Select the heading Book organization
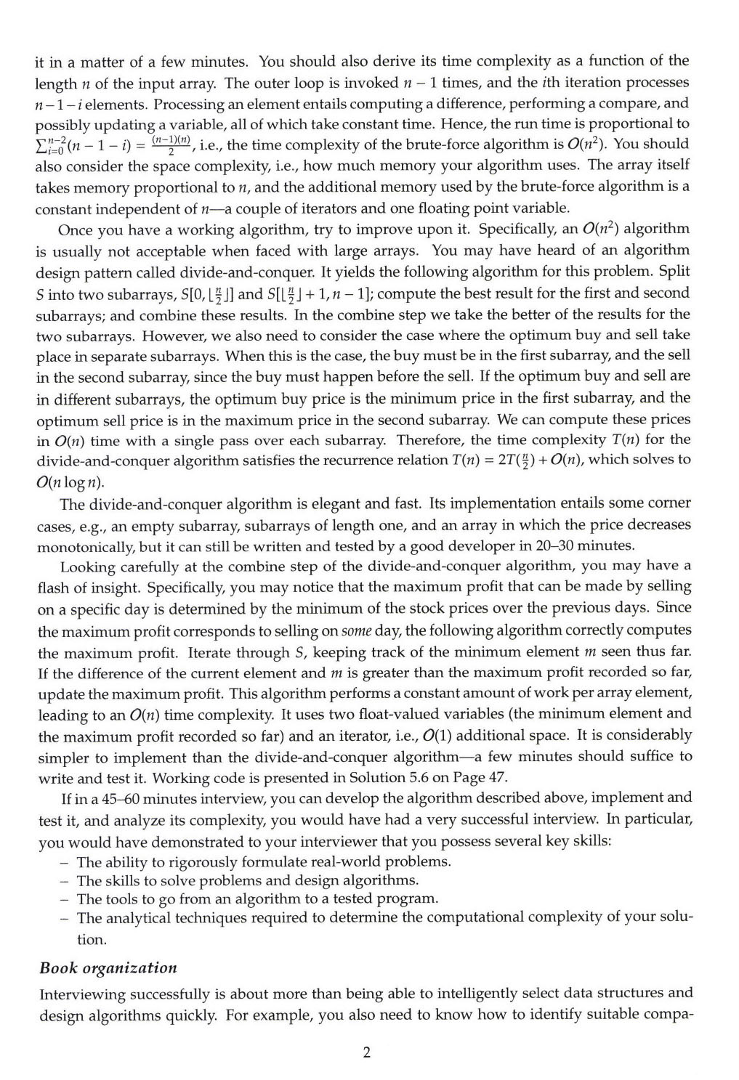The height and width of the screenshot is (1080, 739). click(x=108, y=967)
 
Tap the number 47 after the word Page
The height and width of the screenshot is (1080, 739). click(x=498, y=776)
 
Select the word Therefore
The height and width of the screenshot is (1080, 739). click(x=428, y=439)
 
